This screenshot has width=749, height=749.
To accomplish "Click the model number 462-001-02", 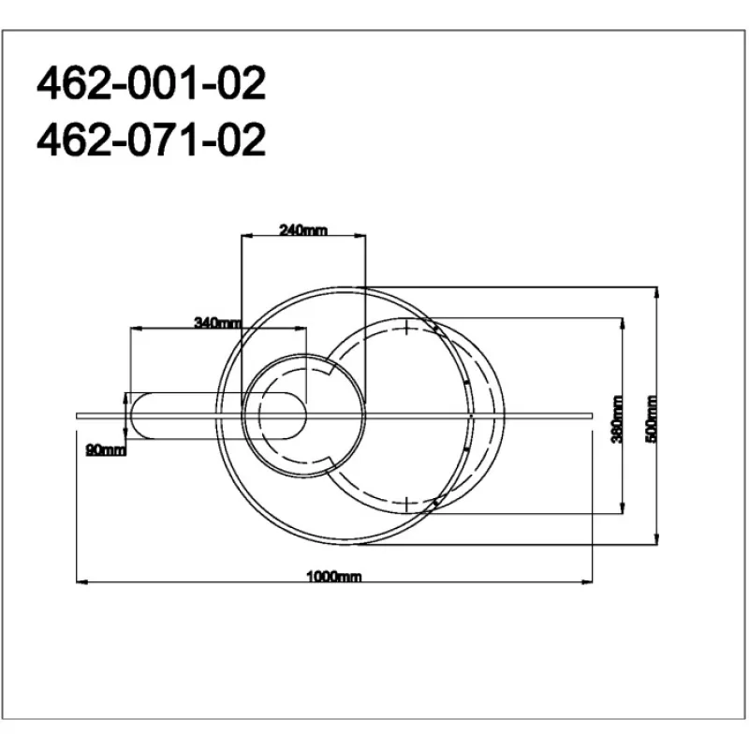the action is [x=151, y=83].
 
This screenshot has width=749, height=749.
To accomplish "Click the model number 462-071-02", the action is [x=151, y=139].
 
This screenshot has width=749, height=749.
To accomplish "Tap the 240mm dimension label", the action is [x=303, y=230].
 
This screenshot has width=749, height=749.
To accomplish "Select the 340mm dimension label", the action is [x=218, y=323].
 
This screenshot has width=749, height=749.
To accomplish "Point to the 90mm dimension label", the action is [x=106, y=449].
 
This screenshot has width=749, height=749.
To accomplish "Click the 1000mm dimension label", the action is [x=334, y=576].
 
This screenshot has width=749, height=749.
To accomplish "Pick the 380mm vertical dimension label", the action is [x=617, y=419].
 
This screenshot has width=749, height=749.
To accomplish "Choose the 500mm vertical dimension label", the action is [x=652, y=419].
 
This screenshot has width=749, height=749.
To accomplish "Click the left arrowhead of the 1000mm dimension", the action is [x=81, y=581].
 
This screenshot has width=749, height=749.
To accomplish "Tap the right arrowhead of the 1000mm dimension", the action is [x=587, y=581].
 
